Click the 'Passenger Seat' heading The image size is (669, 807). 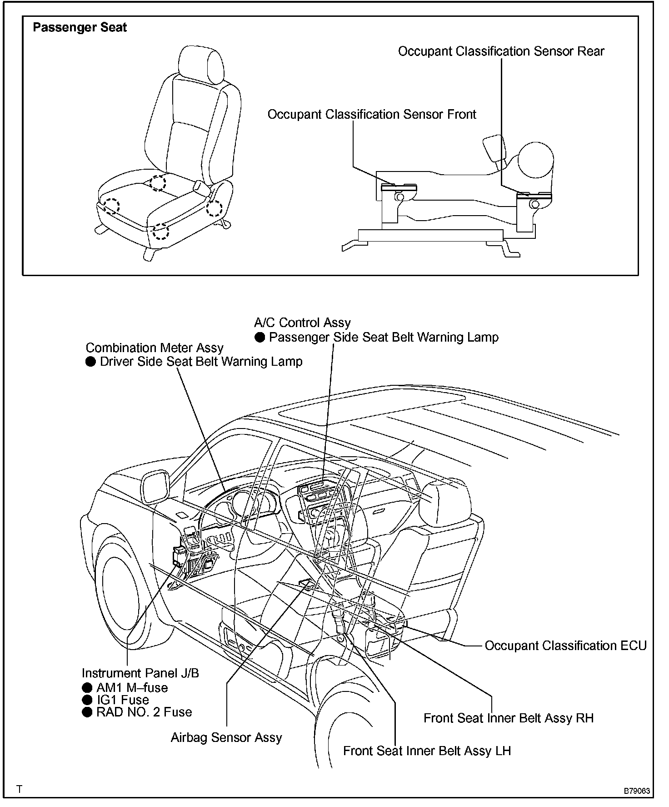[80, 28]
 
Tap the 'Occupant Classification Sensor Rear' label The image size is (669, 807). [501, 51]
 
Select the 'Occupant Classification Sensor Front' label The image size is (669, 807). [371, 114]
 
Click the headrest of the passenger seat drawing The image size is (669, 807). [202, 65]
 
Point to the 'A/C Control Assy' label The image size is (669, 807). [302, 323]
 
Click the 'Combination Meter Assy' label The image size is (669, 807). [155, 348]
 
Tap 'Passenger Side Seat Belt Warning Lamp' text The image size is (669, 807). [384, 337]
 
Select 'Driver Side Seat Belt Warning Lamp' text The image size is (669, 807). [201, 362]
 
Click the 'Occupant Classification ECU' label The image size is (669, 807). [565, 646]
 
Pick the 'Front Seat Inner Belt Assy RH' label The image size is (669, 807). [508, 718]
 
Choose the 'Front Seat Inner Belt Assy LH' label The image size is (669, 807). [427, 751]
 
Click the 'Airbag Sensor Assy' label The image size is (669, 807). [226, 737]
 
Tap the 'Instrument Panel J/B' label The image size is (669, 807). [140, 673]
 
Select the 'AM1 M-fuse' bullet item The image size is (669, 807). [132, 687]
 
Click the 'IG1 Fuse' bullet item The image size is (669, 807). [122, 700]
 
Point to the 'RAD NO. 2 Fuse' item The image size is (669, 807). [144, 712]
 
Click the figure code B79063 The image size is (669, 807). [636, 791]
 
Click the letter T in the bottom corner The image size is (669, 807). [19, 789]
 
